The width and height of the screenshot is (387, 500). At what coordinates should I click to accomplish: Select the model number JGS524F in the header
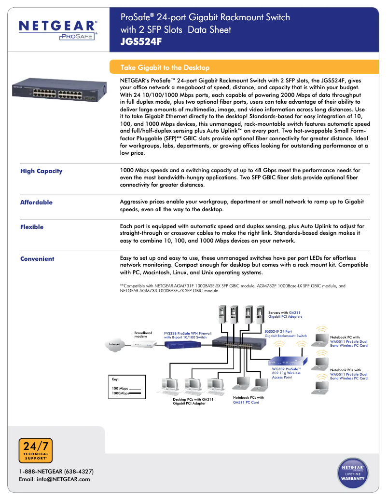(141, 41)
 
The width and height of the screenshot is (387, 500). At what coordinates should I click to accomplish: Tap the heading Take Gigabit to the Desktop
(165, 68)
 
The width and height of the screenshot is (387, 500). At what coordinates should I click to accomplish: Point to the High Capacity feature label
(41, 171)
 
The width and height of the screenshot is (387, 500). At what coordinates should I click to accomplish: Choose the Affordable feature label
(36, 203)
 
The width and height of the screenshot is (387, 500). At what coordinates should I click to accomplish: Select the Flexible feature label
(32, 227)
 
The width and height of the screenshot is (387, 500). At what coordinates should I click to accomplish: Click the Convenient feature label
(37, 259)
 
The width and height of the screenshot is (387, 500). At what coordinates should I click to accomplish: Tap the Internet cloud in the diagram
(115, 344)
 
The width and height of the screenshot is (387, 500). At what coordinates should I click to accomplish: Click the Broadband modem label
(143, 334)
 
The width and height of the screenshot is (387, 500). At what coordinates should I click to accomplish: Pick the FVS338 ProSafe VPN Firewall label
(188, 335)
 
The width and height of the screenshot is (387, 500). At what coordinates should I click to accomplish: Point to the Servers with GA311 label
(285, 314)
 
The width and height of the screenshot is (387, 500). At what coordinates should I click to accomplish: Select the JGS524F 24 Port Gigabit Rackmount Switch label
(285, 334)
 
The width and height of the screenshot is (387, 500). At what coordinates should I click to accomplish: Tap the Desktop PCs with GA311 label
(193, 401)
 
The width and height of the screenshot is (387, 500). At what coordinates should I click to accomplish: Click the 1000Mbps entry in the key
(121, 393)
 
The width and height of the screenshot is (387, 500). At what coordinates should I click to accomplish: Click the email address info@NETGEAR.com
(54, 479)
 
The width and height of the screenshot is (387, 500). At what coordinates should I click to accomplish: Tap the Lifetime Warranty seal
(353, 473)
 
